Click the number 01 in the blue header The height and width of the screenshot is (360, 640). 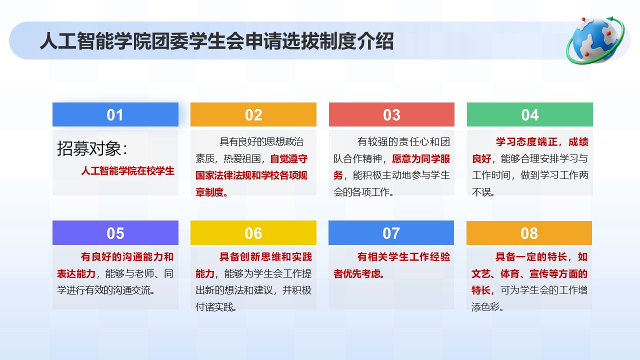pos(115,115)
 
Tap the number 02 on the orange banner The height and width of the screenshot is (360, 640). pos(253,115)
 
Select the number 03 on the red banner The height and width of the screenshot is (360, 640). pos(391,115)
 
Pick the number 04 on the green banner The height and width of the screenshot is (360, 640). pos(530,115)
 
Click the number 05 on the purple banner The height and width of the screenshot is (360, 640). pos(115,233)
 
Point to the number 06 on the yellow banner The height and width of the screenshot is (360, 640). pos(253,233)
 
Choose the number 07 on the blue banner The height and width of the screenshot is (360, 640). pos(391,233)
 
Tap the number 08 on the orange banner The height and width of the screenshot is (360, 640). pos(529,233)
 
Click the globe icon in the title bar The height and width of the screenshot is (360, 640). pos(595,40)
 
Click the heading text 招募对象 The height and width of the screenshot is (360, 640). pos(89,148)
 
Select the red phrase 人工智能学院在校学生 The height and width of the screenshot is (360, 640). pos(127,171)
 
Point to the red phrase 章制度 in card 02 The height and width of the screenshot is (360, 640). pos(209,192)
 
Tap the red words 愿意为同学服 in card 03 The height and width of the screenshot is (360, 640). pos(421,158)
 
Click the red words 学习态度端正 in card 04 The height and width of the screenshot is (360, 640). pos(526,141)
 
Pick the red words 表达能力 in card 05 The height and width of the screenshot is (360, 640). pos(76,273)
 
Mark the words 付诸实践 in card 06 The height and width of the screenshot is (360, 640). pos(214,307)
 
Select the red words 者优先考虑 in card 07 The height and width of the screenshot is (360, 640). pos(357,273)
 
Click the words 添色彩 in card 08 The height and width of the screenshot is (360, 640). pos(485,307)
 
